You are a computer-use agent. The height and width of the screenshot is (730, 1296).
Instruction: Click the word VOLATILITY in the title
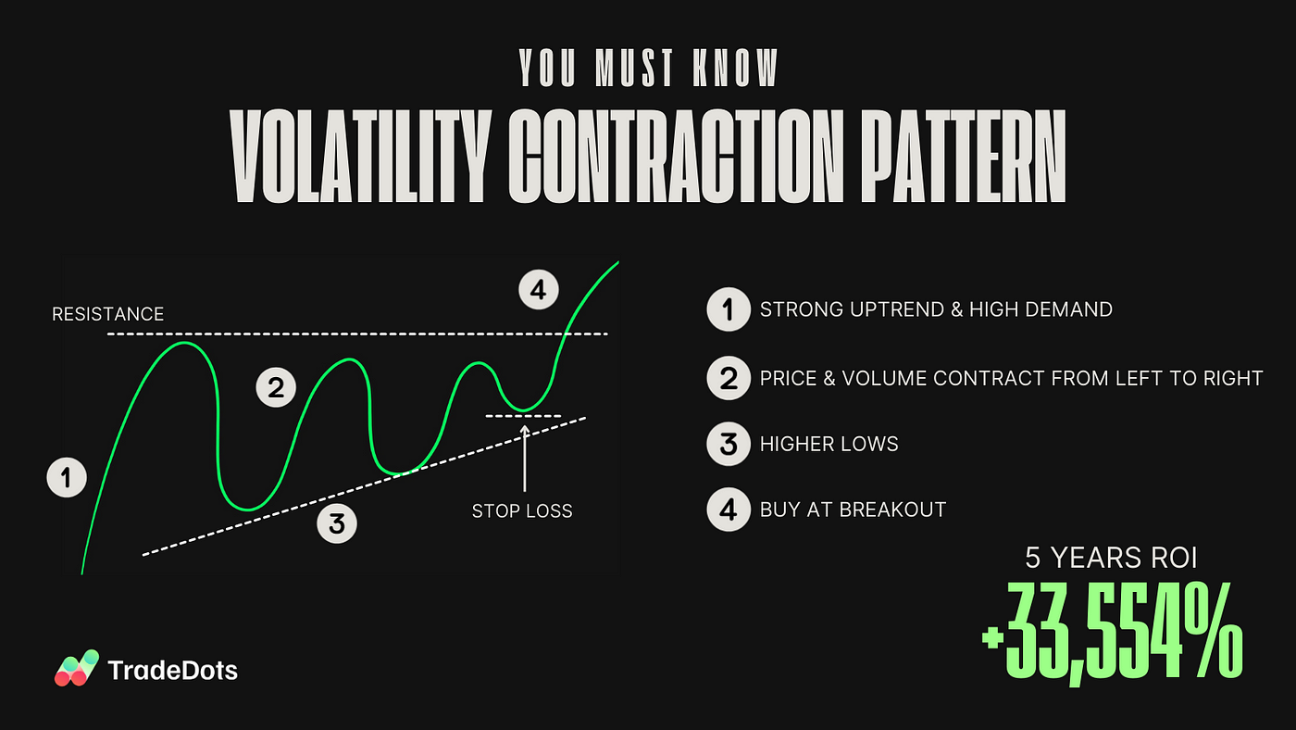pyautogui.click(x=360, y=156)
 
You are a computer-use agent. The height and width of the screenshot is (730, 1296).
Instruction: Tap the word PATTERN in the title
pyautogui.click(x=962, y=156)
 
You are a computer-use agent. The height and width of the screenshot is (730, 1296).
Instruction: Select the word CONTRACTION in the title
pyautogui.click(x=676, y=156)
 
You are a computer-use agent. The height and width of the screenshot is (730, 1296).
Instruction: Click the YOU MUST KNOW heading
pyautogui.click(x=648, y=68)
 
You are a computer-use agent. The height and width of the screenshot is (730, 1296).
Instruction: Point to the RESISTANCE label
pyautogui.click(x=107, y=314)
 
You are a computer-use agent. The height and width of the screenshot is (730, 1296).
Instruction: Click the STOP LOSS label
pyautogui.click(x=522, y=511)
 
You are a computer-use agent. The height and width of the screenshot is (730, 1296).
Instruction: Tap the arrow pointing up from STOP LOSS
pyautogui.click(x=525, y=459)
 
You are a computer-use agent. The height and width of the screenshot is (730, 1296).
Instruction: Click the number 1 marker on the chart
pyautogui.click(x=67, y=478)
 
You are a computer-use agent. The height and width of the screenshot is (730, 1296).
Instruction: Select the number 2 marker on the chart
pyautogui.click(x=276, y=387)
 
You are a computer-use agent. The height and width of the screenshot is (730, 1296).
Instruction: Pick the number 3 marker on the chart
pyautogui.click(x=337, y=523)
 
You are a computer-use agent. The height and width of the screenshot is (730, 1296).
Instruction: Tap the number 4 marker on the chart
pyautogui.click(x=539, y=289)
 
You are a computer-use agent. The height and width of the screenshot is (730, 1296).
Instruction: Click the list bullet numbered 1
pyautogui.click(x=729, y=309)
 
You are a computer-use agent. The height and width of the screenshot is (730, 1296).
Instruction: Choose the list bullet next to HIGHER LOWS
pyautogui.click(x=729, y=444)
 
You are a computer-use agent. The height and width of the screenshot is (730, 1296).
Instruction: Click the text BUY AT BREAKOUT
pyautogui.click(x=853, y=510)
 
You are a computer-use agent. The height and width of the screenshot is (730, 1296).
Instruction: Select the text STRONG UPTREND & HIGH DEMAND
pyautogui.click(x=936, y=309)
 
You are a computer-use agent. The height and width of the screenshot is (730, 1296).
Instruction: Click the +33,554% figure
pyautogui.click(x=1112, y=633)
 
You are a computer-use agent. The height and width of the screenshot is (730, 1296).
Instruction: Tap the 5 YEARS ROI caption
pyautogui.click(x=1111, y=558)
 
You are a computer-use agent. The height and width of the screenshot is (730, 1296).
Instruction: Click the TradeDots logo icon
pyautogui.click(x=76, y=668)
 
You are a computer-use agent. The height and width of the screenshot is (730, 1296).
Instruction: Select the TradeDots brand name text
pyautogui.click(x=172, y=671)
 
